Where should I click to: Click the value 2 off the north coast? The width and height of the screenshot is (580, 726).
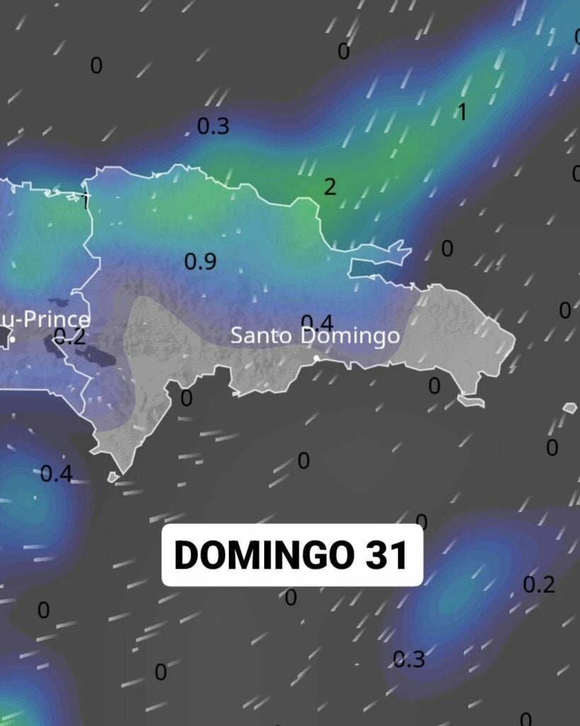click(x=330, y=187)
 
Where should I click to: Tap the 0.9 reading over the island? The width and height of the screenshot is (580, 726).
click(x=200, y=262)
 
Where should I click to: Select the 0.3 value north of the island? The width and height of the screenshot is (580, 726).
click(x=213, y=126)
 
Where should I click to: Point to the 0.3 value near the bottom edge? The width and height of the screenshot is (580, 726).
click(x=409, y=659)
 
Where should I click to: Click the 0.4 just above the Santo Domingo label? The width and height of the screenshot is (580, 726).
click(x=317, y=323)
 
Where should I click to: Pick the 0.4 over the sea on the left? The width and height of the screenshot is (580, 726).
click(x=56, y=474)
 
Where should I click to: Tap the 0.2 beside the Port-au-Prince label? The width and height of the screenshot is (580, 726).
click(x=69, y=336)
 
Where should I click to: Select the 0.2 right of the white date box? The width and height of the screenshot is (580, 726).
click(x=538, y=585)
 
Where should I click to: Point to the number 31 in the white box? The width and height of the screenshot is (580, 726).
click(x=387, y=555)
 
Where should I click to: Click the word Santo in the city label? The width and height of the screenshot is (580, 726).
click(x=261, y=335)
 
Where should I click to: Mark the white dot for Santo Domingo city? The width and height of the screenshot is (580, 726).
click(x=317, y=358)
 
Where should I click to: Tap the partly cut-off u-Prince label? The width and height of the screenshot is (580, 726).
click(x=44, y=320)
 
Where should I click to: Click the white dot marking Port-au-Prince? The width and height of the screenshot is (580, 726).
click(x=13, y=340)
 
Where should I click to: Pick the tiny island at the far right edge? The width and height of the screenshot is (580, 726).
click(x=569, y=408)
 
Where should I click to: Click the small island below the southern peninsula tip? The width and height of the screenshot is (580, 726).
click(x=113, y=477)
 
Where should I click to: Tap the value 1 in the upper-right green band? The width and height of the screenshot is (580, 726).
click(x=462, y=112)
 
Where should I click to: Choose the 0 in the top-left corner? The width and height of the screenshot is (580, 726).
click(x=96, y=66)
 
